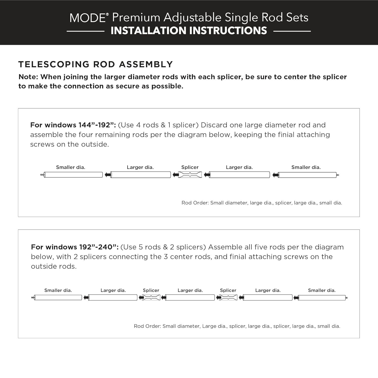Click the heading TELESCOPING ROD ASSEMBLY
(96, 64)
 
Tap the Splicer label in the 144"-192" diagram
(190, 167)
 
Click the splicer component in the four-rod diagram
(190, 175)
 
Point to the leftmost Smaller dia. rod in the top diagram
(73, 175)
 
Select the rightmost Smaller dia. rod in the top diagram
(307, 175)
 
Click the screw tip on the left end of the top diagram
(42, 175)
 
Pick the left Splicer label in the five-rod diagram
(151, 290)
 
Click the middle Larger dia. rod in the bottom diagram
(190, 298)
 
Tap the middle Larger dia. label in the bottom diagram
(190, 290)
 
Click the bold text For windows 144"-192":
(73, 125)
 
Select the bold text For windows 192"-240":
(75, 247)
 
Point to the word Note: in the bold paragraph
(28, 77)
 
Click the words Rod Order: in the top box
(195, 203)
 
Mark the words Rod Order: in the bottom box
(147, 326)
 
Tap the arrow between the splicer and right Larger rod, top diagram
(207, 175)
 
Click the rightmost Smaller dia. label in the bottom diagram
(322, 290)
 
